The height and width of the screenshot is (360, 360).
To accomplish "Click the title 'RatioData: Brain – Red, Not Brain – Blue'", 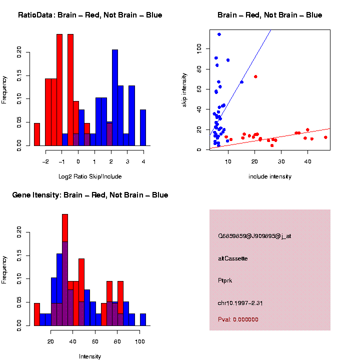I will click(90, 15).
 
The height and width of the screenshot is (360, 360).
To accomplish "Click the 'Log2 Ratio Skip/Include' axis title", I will click(90, 176).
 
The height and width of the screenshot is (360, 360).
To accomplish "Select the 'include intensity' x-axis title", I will click(270, 176).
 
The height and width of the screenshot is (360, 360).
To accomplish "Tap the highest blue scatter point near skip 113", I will click(219, 34).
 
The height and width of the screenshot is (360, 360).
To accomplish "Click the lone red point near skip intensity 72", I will click(255, 76).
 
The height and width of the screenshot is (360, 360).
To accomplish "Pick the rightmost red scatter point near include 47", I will click(325, 137).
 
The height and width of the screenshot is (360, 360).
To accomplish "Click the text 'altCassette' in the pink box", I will click(233, 258).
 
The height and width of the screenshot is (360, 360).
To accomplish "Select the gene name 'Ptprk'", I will click(225, 280).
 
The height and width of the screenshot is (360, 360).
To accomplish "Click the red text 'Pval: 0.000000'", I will click(238, 319).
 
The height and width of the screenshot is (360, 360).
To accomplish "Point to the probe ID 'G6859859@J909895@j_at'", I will click(254, 236).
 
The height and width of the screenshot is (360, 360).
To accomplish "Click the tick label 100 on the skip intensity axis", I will click(199, 48).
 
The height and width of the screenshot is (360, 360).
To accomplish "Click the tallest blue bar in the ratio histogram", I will click(115, 97).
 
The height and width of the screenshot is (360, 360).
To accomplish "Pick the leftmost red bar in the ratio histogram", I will click(37, 134).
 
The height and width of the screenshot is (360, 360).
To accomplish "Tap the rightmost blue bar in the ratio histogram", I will click(143, 127).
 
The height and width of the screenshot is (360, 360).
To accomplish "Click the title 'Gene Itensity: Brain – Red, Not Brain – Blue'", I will click(90, 195).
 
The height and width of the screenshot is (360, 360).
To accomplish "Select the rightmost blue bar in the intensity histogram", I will click(143, 320).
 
